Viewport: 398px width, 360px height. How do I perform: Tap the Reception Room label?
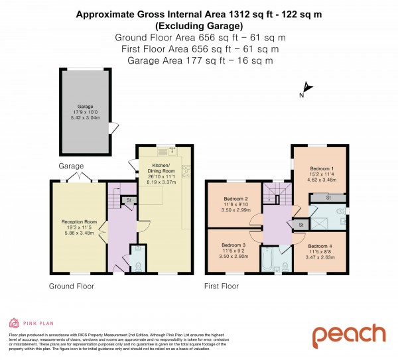tap(79, 221)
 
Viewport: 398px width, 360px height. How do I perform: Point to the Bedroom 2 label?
tap(235, 199)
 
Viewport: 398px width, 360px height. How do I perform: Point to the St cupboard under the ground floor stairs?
tap(129, 199)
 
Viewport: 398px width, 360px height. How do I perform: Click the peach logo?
tap(348, 335)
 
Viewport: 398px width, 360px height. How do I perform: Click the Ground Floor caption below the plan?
tap(71, 286)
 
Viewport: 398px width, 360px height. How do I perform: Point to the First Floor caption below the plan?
tap(222, 286)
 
